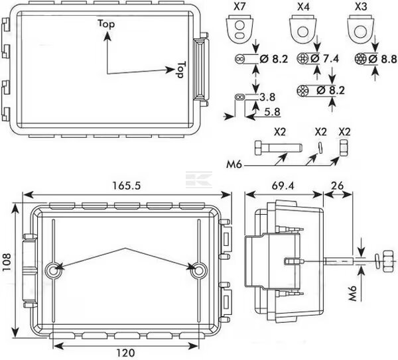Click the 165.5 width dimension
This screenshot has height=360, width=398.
126,186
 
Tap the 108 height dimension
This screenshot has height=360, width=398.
7,262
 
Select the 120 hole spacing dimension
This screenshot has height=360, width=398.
125,353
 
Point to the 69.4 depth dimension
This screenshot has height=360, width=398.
283,186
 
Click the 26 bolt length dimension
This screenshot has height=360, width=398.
338,186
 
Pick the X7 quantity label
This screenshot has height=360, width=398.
239,7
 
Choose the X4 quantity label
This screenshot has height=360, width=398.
303,7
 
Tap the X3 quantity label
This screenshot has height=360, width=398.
361,7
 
